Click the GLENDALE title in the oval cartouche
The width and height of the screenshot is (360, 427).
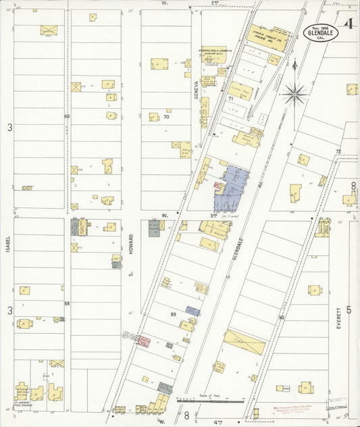point(321,30)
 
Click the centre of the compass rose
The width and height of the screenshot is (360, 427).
point(294,93)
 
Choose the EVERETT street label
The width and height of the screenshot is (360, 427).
point(338,317)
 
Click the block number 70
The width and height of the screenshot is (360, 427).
point(165,117)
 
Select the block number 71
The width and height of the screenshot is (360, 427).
point(230,99)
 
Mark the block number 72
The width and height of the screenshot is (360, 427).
point(338,151)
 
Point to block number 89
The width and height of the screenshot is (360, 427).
point(174,314)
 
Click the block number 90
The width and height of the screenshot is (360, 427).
point(281,317)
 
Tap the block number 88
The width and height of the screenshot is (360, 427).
point(67,304)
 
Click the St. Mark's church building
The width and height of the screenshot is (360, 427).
point(22,392)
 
